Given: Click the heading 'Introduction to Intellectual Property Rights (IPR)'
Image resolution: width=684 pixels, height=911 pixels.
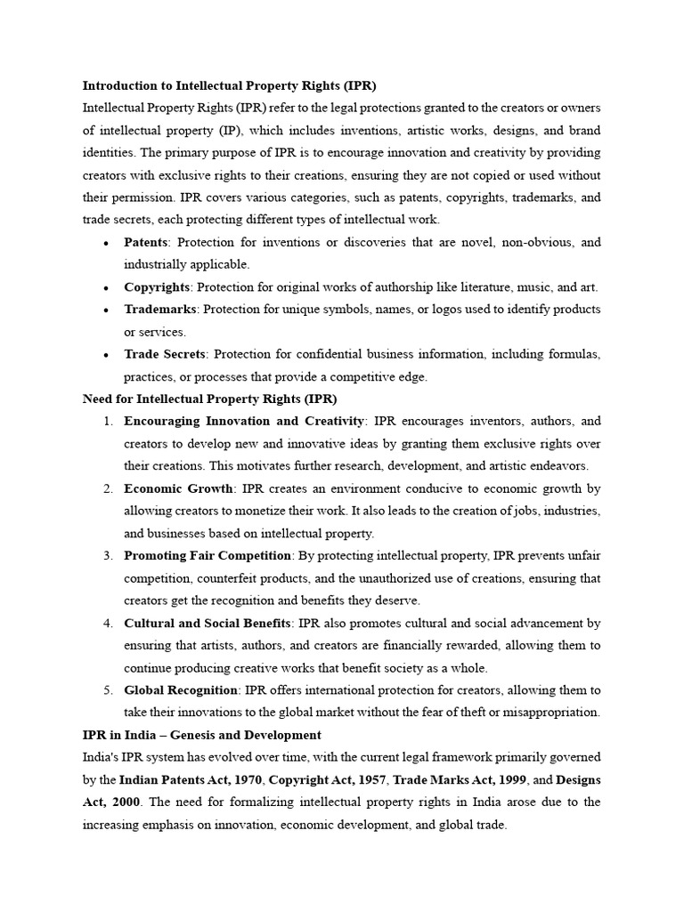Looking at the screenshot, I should point(229,86).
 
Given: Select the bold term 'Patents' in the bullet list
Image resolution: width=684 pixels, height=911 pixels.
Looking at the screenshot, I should point(146,242).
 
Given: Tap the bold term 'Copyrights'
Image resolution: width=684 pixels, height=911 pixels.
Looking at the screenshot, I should point(157,286).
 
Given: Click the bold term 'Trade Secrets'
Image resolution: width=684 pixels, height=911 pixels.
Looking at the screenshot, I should point(165,354).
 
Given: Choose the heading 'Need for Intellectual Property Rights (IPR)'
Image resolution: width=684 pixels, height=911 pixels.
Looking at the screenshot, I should point(209,399).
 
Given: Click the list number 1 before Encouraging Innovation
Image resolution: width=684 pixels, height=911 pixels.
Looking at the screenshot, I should point(107,422).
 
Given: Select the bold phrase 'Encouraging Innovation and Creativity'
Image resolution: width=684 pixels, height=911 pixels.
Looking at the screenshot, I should point(244,421).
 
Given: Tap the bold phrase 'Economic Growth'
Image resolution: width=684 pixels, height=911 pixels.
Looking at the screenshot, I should point(178,488).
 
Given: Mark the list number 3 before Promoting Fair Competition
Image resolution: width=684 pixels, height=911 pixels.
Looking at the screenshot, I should point(107,556).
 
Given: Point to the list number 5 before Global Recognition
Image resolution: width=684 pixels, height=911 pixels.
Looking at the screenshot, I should point(107,690).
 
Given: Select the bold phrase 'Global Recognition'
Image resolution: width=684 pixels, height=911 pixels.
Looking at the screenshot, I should point(181,690).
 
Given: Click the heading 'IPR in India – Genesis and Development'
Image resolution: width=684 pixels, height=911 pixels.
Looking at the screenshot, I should point(202,735).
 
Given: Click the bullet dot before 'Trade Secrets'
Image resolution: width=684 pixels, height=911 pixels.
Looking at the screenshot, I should point(106,355).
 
